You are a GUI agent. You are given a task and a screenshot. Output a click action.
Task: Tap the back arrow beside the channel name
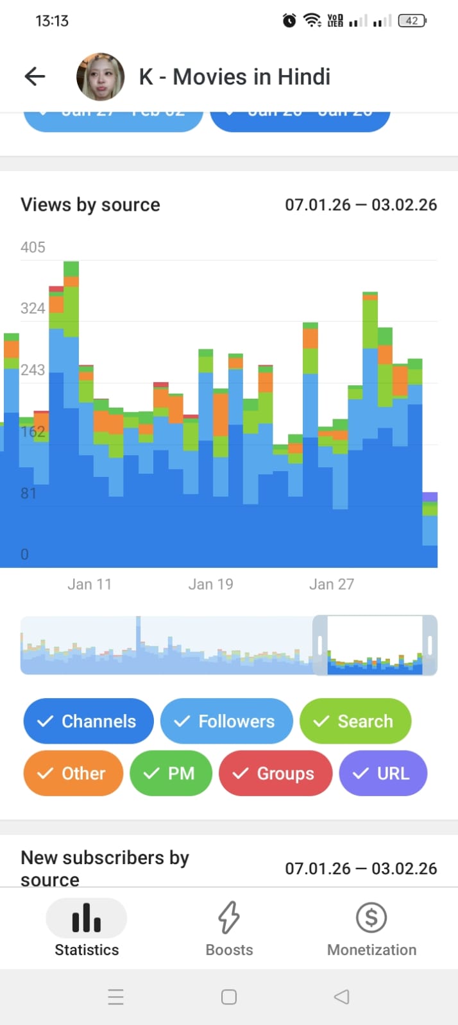35,77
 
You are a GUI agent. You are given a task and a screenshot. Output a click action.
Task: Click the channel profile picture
100,77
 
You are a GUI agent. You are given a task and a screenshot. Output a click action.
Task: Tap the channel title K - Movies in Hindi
235,77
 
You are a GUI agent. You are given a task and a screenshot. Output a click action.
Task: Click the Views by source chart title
90,205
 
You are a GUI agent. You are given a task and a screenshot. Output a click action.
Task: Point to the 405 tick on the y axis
33,247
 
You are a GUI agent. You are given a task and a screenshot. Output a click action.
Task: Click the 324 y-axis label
33,308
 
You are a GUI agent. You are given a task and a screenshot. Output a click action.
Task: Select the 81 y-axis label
29,494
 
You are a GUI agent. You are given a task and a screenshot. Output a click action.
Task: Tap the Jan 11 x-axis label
89,584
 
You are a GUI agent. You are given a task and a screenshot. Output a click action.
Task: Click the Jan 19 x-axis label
210,584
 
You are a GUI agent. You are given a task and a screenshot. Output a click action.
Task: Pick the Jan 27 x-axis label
332,584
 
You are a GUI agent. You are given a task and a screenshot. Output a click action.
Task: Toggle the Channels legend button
89,721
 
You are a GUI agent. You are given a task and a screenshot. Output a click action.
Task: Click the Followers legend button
226,721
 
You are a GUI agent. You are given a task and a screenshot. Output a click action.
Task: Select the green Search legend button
355,721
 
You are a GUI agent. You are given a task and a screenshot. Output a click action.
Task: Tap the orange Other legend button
73,773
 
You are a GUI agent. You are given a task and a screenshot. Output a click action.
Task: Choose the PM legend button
171,773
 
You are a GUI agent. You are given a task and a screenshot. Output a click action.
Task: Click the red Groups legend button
275,773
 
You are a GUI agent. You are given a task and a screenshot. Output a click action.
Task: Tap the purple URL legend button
383,773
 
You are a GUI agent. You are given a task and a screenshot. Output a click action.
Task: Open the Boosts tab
229,928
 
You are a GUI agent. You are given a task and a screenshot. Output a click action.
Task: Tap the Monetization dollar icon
371,917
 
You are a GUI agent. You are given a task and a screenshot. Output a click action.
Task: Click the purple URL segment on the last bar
430,497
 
